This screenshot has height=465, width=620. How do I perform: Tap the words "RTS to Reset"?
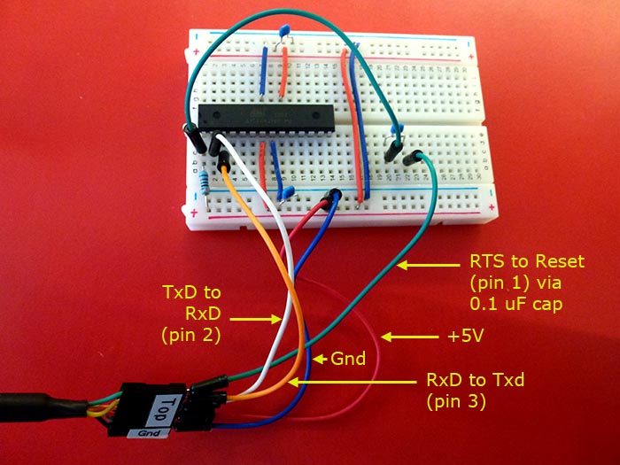coord(515,263)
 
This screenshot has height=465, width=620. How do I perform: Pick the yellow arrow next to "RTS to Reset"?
coord(430,263)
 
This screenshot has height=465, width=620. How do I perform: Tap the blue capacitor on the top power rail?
coord(283,34)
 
